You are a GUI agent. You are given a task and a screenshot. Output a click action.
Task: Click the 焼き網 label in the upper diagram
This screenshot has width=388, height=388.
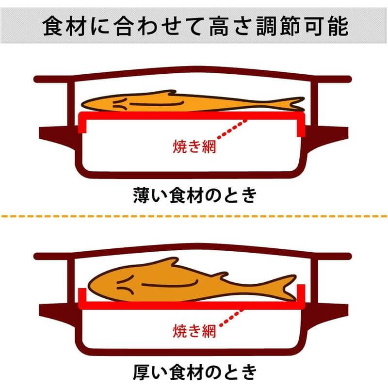click(194, 145)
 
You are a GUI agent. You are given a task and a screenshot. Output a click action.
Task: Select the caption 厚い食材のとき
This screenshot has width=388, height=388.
click(194, 372)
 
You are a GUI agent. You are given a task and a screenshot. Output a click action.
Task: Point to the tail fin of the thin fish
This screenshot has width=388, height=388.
click(291, 103)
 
